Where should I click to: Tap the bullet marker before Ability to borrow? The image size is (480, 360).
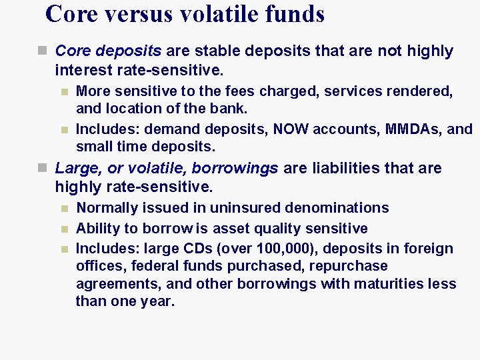[x=64, y=229]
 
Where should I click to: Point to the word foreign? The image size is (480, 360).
[x=427, y=249]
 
